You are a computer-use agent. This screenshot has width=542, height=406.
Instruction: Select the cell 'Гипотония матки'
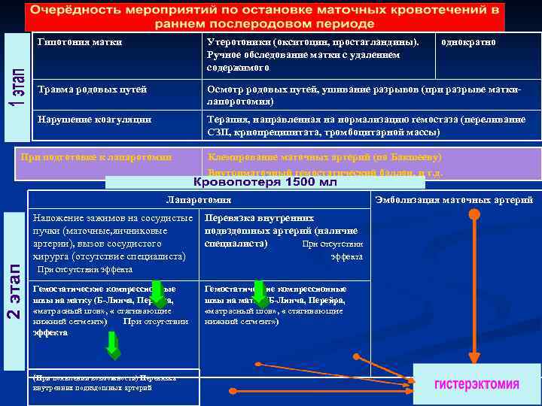(79, 42)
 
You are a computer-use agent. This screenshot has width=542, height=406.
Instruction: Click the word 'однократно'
(469, 42)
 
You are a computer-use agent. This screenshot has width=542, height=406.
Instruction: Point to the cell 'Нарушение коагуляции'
(94, 120)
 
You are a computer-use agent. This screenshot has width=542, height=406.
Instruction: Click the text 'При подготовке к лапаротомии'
(96, 156)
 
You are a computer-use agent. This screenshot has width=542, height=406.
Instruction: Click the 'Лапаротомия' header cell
(199, 200)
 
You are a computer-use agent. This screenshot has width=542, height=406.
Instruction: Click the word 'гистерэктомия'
(477, 384)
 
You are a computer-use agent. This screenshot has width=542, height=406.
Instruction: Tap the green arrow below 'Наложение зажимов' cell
(159, 294)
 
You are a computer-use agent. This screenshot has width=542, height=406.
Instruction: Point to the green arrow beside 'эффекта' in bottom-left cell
(112, 344)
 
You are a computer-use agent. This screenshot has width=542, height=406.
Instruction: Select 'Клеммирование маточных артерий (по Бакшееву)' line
(324, 157)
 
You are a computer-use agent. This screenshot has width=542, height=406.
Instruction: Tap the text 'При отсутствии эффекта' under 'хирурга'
(84, 269)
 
